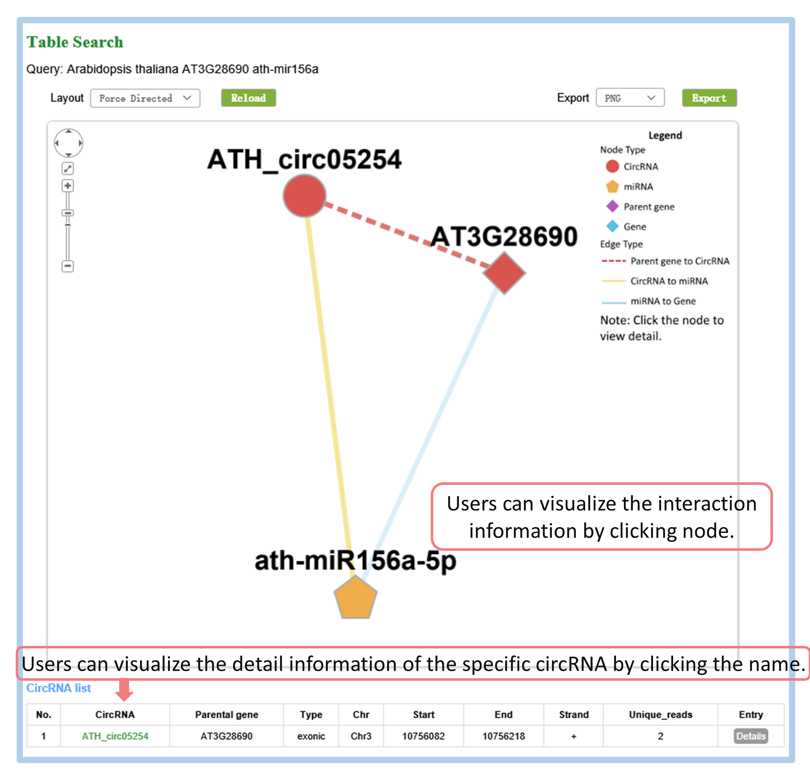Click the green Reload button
248,98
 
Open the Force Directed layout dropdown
145,98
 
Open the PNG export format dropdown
630,98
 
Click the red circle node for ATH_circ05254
305,196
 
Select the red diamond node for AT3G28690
504,273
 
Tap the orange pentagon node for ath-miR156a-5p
355,598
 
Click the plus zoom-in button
68,186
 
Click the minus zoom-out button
68,266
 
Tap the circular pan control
69,143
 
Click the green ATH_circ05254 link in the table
115,736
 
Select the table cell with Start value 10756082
424,736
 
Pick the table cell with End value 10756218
504,736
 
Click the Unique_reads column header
660,715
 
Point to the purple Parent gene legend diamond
612,206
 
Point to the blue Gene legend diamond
612,226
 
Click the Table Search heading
75,42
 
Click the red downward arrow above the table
124,690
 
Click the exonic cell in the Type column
311,736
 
